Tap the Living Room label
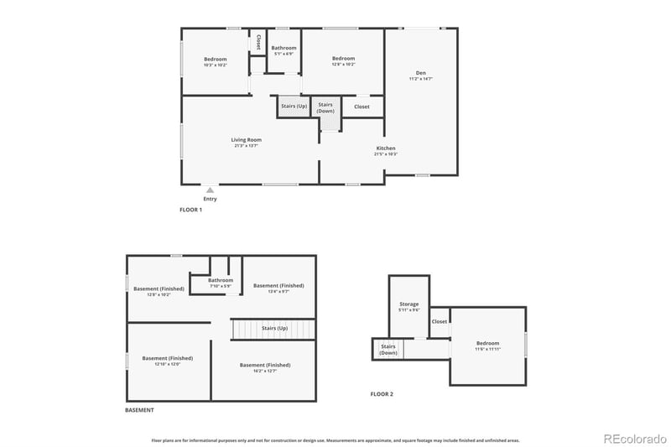point(247,140)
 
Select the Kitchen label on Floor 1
point(386,148)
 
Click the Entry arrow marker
point(210,190)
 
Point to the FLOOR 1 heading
point(190,210)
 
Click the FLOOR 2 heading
point(382,393)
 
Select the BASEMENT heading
point(139,410)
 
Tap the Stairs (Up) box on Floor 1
point(293,107)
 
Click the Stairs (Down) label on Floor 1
point(325,107)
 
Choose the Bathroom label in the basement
point(221,280)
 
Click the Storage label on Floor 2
point(408,304)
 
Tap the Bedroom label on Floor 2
point(487,343)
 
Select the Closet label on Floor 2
point(440,321)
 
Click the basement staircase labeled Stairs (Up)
point(274,329)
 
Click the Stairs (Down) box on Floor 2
point(388,349)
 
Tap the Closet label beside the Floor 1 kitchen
point(362,107)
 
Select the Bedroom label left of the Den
point(343,59)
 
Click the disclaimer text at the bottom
point(335,439)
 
